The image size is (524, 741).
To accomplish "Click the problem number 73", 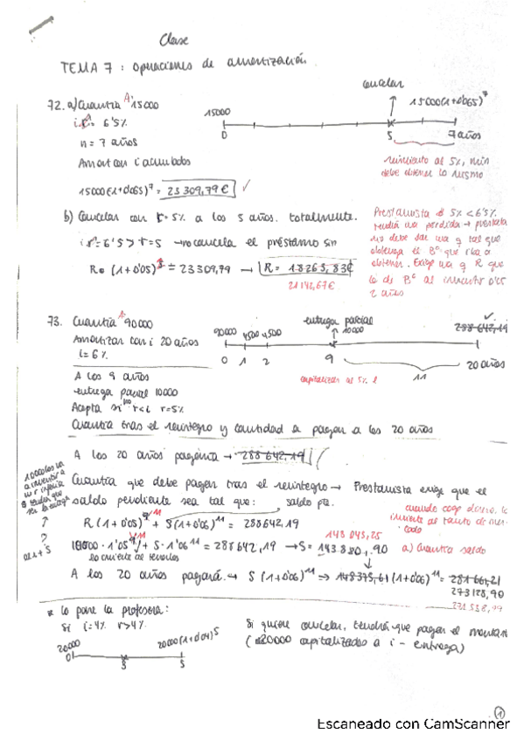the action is [55, 322].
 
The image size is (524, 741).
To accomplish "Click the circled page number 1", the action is [500, 711].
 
